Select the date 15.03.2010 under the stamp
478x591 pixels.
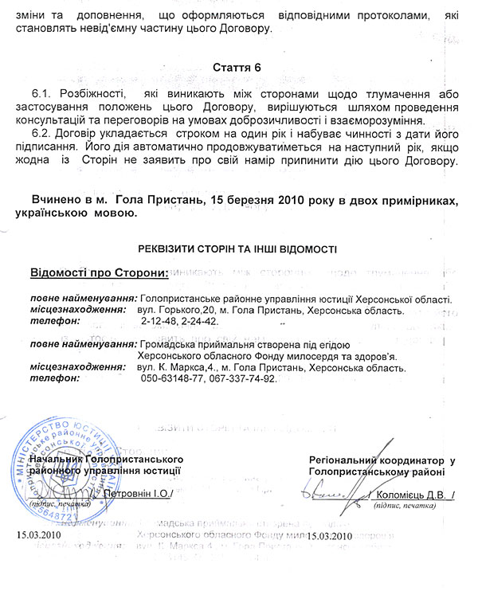click(x=38, y=535)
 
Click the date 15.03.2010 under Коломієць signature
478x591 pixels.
click(x=328, y=535)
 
